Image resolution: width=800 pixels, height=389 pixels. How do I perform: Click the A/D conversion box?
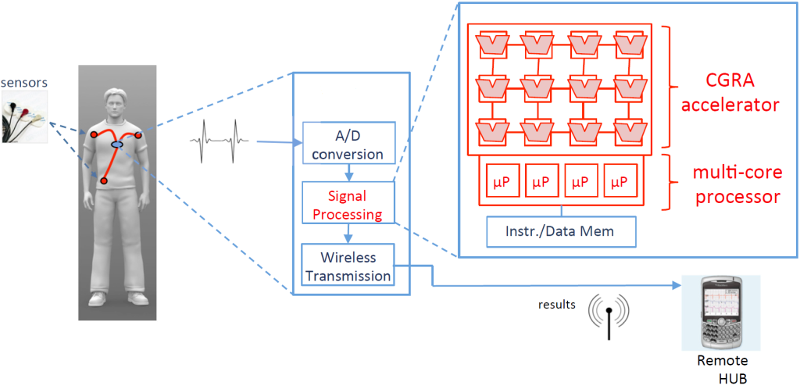point(347,143)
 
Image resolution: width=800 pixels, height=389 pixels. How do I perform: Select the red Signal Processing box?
point(347,204)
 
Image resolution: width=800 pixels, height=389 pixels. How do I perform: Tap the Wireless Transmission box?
point(348,266)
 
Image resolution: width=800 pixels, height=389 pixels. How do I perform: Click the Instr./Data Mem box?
point(561,231)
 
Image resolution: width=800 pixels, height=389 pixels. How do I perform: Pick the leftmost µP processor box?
point(502,181)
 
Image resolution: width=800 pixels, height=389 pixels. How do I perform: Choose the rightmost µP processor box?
point(619,181)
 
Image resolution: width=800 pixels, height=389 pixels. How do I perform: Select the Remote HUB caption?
point(723,367)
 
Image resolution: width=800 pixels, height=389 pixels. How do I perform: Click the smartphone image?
point(722,312)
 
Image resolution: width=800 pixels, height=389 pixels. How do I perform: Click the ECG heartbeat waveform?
point(220,141)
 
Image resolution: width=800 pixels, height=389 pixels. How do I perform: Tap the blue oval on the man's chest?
point(117,145)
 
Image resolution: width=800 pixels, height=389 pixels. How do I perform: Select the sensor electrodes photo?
point(24,116)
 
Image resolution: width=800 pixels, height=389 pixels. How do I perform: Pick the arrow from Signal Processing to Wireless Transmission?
point(347,234)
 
